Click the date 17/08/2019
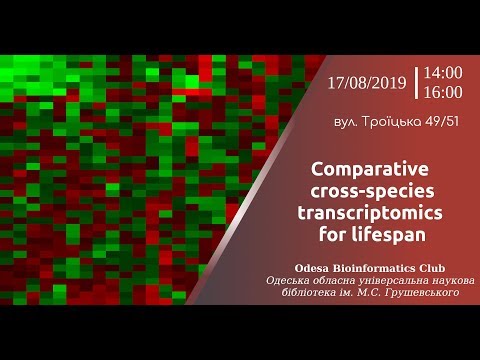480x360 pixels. click(x=367, y=83)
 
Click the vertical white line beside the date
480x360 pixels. click(x=416, y=83)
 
